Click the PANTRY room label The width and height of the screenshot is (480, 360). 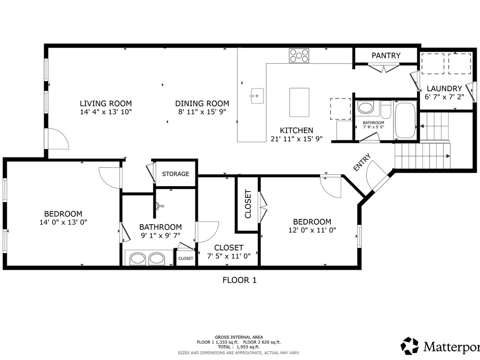coord(386,55)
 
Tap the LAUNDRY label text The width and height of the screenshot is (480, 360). coord(444,88)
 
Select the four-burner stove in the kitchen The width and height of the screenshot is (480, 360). coord(299,56)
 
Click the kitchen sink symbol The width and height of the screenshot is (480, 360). coord(257,96)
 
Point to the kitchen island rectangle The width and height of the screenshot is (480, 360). coord(299,102)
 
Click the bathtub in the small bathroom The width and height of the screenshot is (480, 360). coord(405,120)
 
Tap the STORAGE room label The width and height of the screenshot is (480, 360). coord(175,174)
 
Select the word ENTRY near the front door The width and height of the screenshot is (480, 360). coord(362,162)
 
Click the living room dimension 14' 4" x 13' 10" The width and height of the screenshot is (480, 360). coord(106,112)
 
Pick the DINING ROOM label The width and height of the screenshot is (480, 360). coord(202,104)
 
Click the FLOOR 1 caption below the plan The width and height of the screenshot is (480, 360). coord(240,280)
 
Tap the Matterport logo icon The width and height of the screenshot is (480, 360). coord(409,346)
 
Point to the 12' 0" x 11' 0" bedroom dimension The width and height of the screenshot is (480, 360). coord(312,230)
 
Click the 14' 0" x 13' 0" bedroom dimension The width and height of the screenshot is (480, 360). coord(63,222)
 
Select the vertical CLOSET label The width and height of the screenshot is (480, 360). coord(248,204)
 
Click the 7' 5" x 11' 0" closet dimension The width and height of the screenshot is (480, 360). coord(228,256)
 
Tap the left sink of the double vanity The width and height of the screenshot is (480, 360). coord(137,259)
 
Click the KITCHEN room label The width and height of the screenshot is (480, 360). coord(296,131)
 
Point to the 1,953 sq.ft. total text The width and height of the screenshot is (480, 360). coord(248,347)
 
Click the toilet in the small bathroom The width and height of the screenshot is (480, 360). coord(386,110)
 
